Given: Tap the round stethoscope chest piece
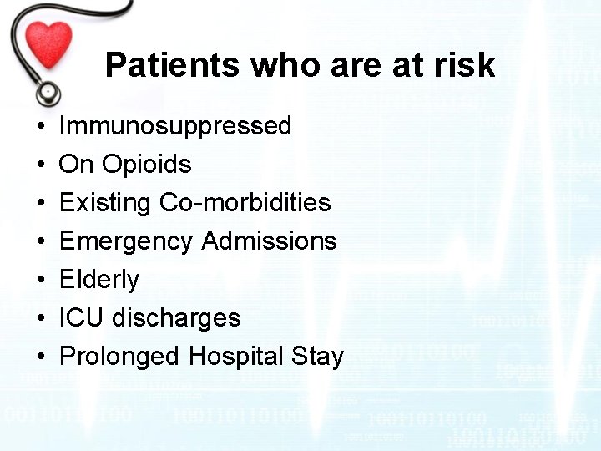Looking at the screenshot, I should (48, 90).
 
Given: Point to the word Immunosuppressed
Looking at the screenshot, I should (175, 126).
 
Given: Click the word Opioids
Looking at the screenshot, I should (147, 165).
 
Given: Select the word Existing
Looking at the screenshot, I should (98, 203).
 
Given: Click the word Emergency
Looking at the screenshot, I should (126, 241).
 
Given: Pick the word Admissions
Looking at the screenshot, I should (269, 241).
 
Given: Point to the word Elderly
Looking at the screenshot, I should (99, 280).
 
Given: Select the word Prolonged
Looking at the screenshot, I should (120, 357).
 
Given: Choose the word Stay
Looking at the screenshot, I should (317, 357).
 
